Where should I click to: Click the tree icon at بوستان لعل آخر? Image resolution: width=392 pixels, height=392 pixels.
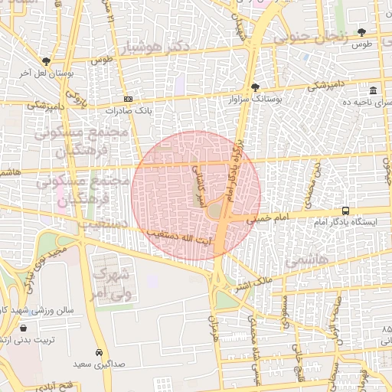(x=47, y=61)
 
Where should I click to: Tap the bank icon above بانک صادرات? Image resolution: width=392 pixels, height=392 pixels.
(x=127, y=99)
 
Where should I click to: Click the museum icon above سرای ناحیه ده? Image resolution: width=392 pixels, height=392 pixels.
(x=373, y=90)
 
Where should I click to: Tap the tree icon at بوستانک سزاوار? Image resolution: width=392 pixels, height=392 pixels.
(x=255, y=87)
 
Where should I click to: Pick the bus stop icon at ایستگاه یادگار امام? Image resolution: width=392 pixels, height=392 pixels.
(x=346, y=211)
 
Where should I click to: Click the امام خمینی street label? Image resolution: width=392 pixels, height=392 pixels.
(x=269, y=218)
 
